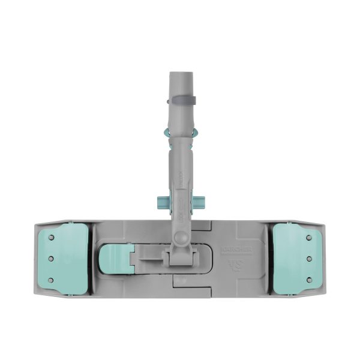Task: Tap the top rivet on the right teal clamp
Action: [x=309, y=238]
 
